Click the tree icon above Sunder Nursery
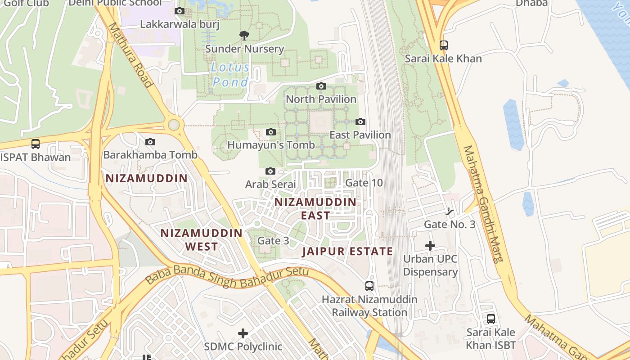(244, 35)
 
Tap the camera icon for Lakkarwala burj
(180, 11)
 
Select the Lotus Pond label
(230, 75)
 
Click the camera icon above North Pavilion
(321, 86)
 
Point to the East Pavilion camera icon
(360, 121)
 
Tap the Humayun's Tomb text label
(271, 145)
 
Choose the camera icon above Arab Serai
(270, 171)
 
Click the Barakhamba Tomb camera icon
(150, 142)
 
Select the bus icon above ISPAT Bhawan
(35, 144)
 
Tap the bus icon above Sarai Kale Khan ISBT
(491, 319)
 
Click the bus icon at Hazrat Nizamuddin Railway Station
(369, 286)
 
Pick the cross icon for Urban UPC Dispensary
(430, 246)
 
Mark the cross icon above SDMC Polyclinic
(243, 333)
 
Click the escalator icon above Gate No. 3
(449, 211)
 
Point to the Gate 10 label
(364, 183)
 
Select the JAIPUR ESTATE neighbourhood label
(347, 252)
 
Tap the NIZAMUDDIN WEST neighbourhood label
(202, 240)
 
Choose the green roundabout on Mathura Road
(174, 125)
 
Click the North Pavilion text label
(321, 99)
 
